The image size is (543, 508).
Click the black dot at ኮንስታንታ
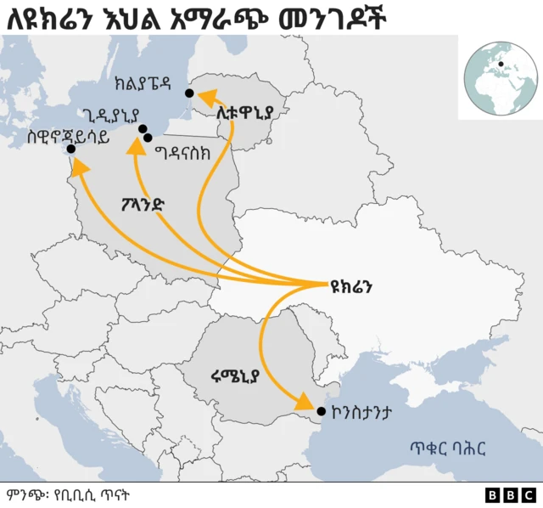click(321, 412)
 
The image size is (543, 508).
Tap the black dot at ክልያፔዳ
click(189, 93)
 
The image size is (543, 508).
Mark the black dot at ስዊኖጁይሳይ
click(70, 150)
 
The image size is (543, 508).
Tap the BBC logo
click(511, 494)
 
